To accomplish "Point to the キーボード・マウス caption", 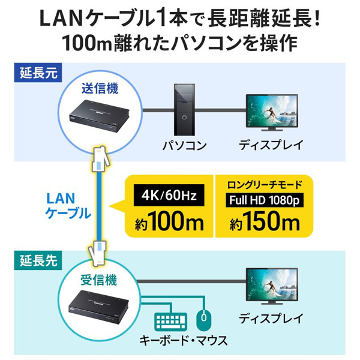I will tap(185, 341).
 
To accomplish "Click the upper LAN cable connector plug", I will tap(98, 159).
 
